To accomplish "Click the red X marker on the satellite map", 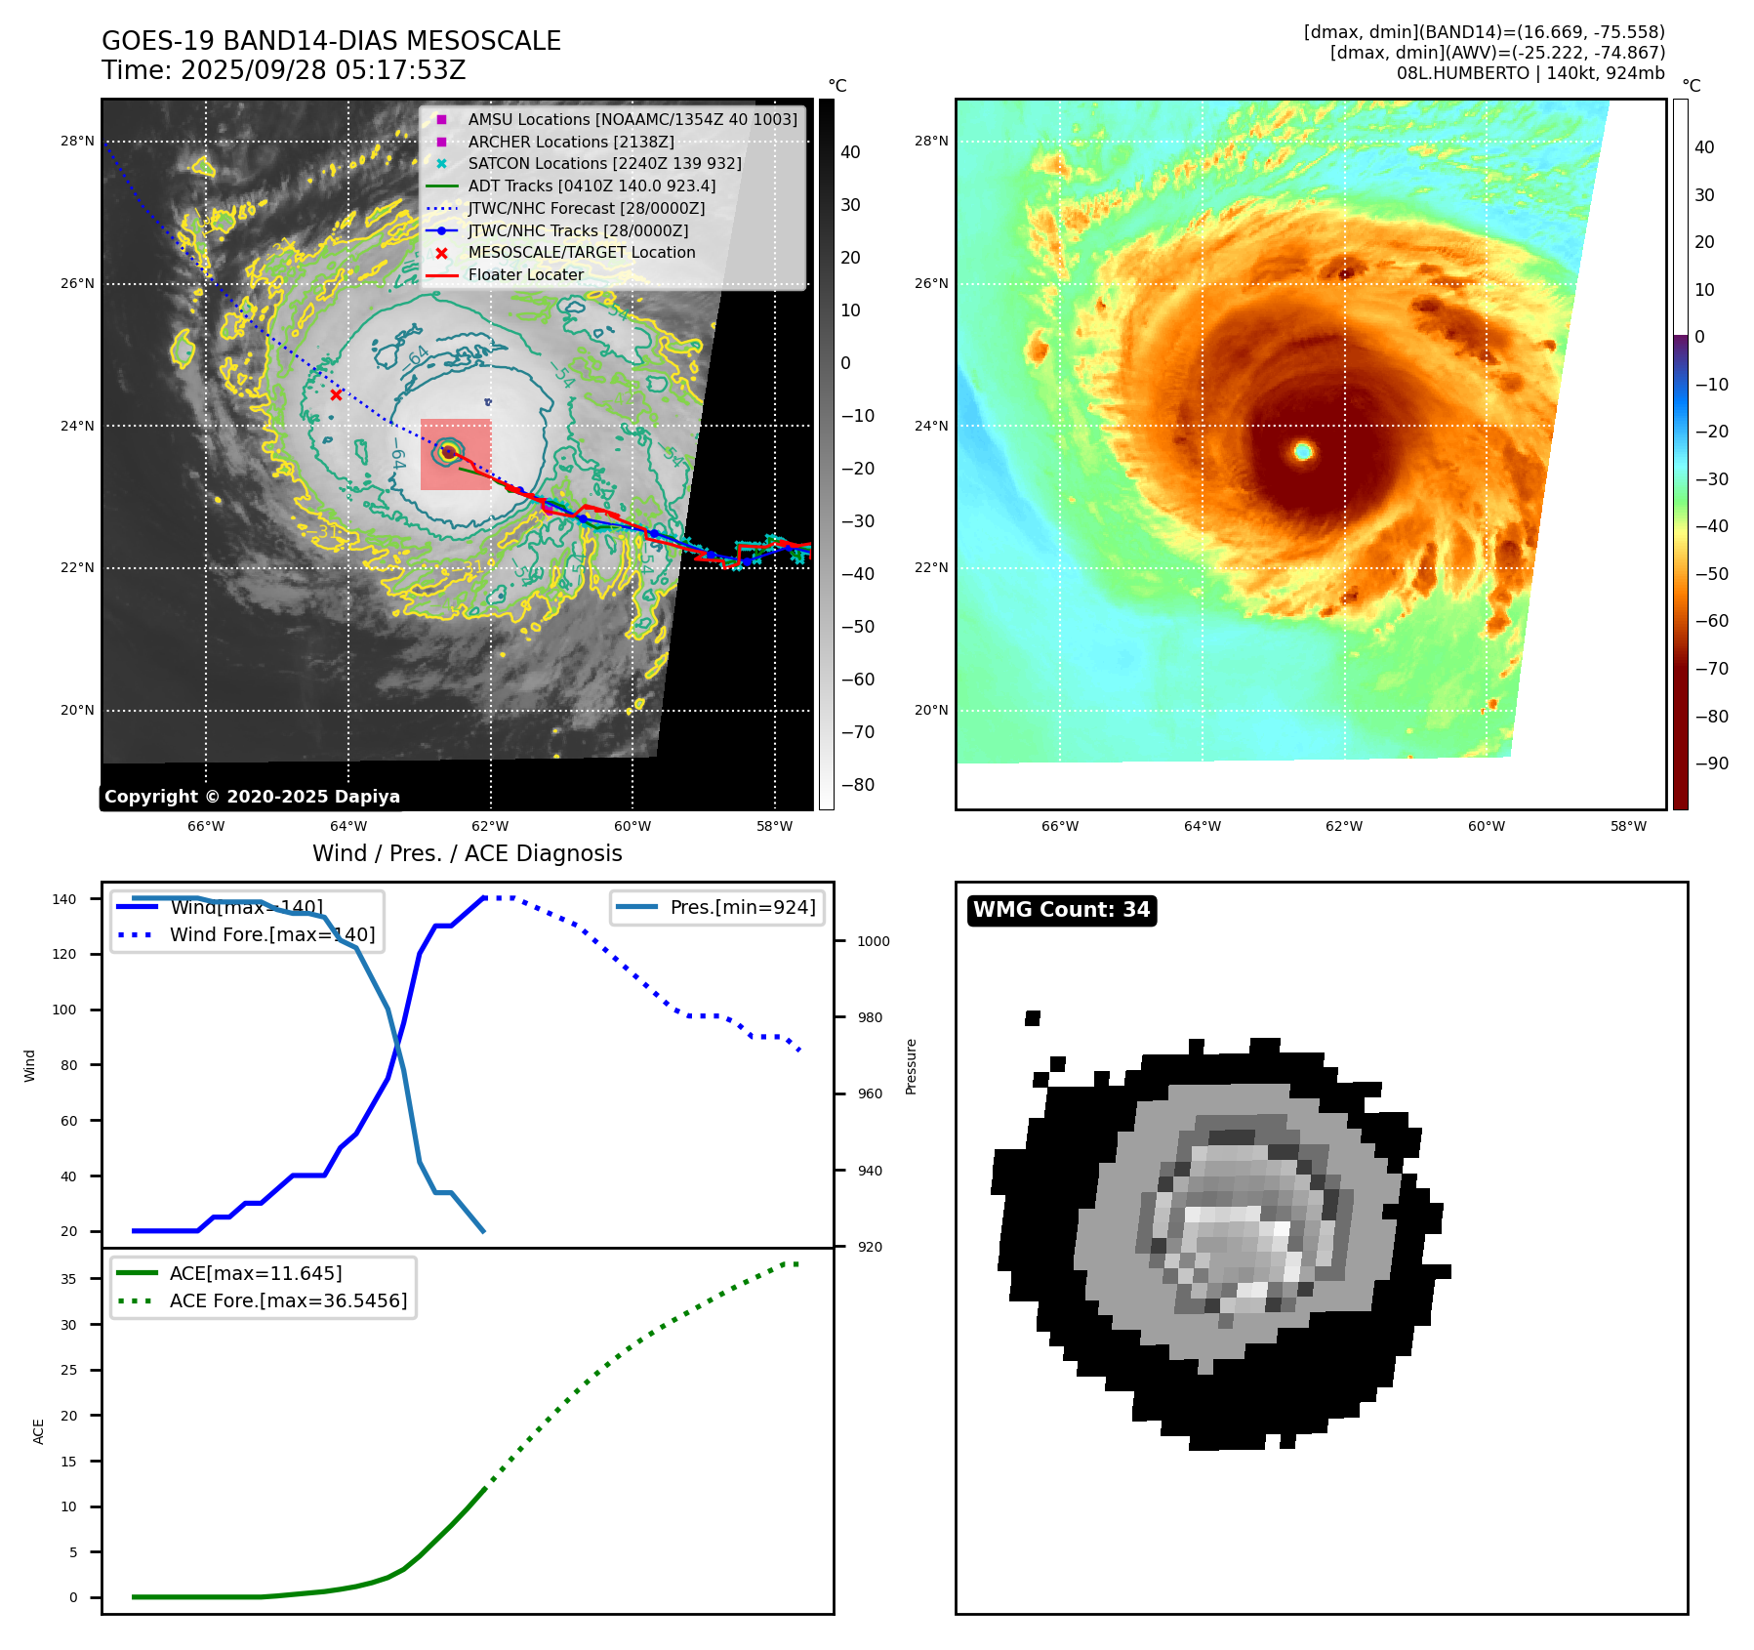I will tap(336, 395).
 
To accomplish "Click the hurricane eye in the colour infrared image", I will tap(1303, 450).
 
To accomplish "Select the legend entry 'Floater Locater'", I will tap(525, 275).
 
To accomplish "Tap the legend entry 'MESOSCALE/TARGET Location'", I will tap(581, 253).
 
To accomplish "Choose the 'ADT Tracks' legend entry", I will tap(591, 186).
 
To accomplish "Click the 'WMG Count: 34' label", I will tap(1061, 910).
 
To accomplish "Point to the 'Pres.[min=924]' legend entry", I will tap(742, 907).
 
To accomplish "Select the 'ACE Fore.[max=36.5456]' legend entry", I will tap(288, 1300).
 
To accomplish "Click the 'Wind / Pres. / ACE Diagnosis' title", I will tap(467, 853).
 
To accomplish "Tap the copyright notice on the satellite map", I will tap(252, 797).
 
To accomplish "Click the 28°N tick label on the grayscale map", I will tap(77, 141).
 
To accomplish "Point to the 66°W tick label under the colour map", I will tap(1059, 826).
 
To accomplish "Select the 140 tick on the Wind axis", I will tap(64, 899).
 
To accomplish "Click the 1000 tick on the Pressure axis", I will tap(873, 941).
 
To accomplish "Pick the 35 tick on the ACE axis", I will tap(68, 1279).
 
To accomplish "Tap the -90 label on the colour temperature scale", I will tap(1712, 763).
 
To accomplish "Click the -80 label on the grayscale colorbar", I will tap(858, 785).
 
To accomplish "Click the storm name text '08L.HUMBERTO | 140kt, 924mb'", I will tap(1530, 73).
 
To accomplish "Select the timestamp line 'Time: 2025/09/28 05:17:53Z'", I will tap(283, 71).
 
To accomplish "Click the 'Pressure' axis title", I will tap(911, 1066).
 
